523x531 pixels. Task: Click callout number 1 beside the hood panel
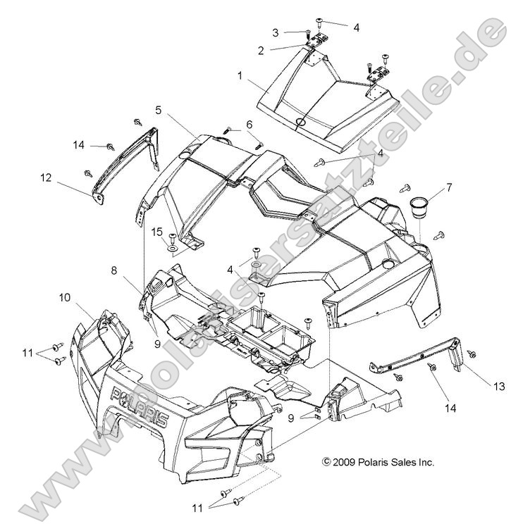click(240, 74)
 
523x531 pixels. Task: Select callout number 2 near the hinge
click(261, 50)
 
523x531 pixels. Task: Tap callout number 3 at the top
click(276, 32)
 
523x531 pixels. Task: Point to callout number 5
click(159, 110)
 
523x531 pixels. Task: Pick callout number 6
click(230, 124)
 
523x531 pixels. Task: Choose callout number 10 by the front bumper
click(63, 297)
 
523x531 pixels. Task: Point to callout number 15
click(157, 232)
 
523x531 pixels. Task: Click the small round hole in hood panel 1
click(301, 123)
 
